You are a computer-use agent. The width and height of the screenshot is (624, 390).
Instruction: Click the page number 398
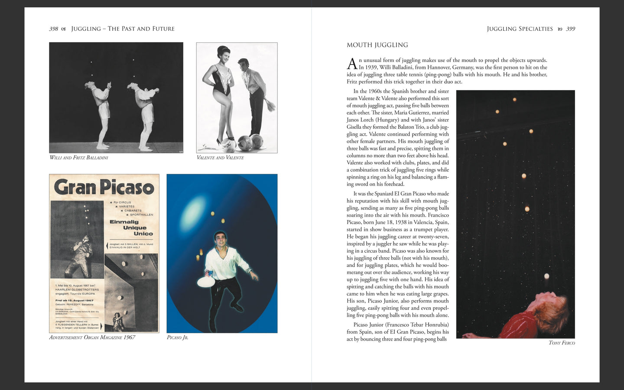coord(53,29)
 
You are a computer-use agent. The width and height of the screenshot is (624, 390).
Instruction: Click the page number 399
coord(571,29)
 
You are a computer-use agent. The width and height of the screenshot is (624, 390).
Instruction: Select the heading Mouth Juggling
coord(377,45)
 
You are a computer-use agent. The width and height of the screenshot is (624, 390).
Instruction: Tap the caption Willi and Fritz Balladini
coord(79,158)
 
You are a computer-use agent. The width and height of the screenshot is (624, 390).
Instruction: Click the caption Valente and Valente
coord(220,158)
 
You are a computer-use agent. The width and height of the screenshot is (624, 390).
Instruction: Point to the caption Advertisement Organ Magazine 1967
coord(92,338)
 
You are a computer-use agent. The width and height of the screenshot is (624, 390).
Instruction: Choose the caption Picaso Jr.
coord(177,338)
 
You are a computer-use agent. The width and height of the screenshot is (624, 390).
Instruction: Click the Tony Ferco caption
coord(562,343)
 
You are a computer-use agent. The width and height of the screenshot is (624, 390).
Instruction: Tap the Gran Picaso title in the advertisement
coord(104,187)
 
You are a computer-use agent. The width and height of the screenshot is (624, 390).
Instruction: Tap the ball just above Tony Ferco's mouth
coord(547,276)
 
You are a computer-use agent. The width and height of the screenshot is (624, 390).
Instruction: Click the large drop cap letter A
coord(352,64)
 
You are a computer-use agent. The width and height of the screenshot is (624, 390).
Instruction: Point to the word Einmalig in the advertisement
coord(123,222)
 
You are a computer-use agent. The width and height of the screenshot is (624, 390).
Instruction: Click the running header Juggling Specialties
coord(520,29)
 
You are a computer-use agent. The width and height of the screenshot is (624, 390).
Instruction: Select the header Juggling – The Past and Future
coord(123,29)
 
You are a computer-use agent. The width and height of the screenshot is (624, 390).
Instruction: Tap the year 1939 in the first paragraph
coord(370,67)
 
